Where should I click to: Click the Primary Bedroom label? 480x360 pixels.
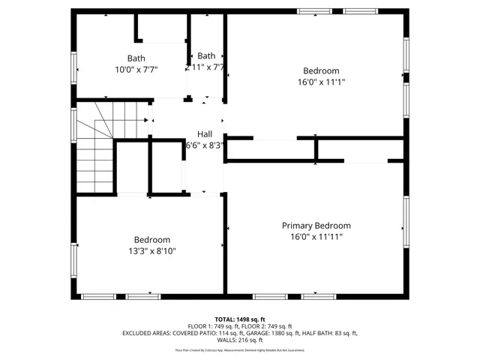click(x=316, y=225)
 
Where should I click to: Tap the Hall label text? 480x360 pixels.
click(x=204, y=133)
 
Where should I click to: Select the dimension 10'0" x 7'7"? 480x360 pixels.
click(x=136, y=69)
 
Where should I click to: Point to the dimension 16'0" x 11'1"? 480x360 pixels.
click(x=321, y=82)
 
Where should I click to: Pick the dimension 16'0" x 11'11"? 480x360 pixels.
click(x=316, y=236)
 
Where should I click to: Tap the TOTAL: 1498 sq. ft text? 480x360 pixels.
click(x=240, y=319)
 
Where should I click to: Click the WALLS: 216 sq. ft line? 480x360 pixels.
click(x=240, y=340)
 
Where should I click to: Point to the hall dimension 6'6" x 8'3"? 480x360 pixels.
click(x=205, y=145)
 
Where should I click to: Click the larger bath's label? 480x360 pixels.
click(x=136, y=58)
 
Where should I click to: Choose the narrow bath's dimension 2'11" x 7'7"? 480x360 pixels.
click(x=205, y=67)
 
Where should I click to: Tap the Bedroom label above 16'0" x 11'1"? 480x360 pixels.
click(x=321, y=71)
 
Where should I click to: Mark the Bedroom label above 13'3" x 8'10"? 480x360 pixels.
click(x=152, y=240)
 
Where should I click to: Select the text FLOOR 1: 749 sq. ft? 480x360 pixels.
click(x=211, y=326)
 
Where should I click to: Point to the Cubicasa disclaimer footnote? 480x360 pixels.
click(x=240, y=350)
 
